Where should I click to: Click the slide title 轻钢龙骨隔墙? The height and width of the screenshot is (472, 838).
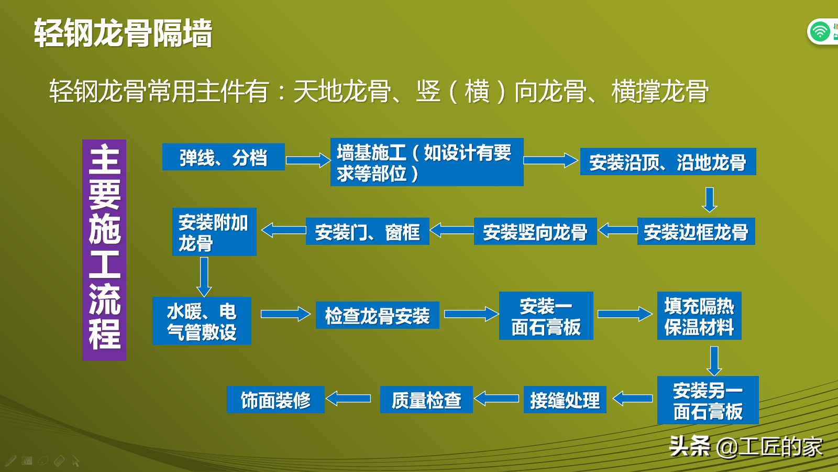[x=123, y=33]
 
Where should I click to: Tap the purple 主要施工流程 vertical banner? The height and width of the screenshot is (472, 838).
[x=104, y=250]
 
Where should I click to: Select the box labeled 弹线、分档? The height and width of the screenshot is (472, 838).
[x=223, y=157]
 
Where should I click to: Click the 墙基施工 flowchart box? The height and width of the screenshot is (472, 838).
[x=427, y=162]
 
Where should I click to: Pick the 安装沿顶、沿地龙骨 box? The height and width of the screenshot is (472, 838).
[x=668, y=162]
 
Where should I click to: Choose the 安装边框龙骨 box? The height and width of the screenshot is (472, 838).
[x=696, y=231]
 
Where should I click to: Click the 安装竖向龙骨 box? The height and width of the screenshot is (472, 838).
[x=535, y=231]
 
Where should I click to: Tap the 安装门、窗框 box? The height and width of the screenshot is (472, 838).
[x=367, y=231]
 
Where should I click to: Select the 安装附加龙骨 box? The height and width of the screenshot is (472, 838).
[x=214, y=232]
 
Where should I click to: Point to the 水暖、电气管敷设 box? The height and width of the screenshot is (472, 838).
[x=202, y=320]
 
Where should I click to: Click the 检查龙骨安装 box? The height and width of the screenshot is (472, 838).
[x=377, y=315]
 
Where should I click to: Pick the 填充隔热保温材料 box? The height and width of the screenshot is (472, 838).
[x=699, y=315]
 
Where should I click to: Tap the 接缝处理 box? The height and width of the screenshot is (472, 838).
[x=565, y=399]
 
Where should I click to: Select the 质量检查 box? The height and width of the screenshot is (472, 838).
[x=426, y=399]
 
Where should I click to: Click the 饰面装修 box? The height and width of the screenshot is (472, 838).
[x=275, y=399]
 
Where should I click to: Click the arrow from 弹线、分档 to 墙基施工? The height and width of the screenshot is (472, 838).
[x=308, y=160]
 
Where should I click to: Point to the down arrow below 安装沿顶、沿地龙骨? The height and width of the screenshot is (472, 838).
[x=709, y=200]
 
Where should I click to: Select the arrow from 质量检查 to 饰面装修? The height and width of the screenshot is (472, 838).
[x=348, y=398]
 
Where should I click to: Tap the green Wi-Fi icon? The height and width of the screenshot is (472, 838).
[x=819, y=31]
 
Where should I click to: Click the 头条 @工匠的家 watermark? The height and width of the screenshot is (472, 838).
[x=746, y=446]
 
